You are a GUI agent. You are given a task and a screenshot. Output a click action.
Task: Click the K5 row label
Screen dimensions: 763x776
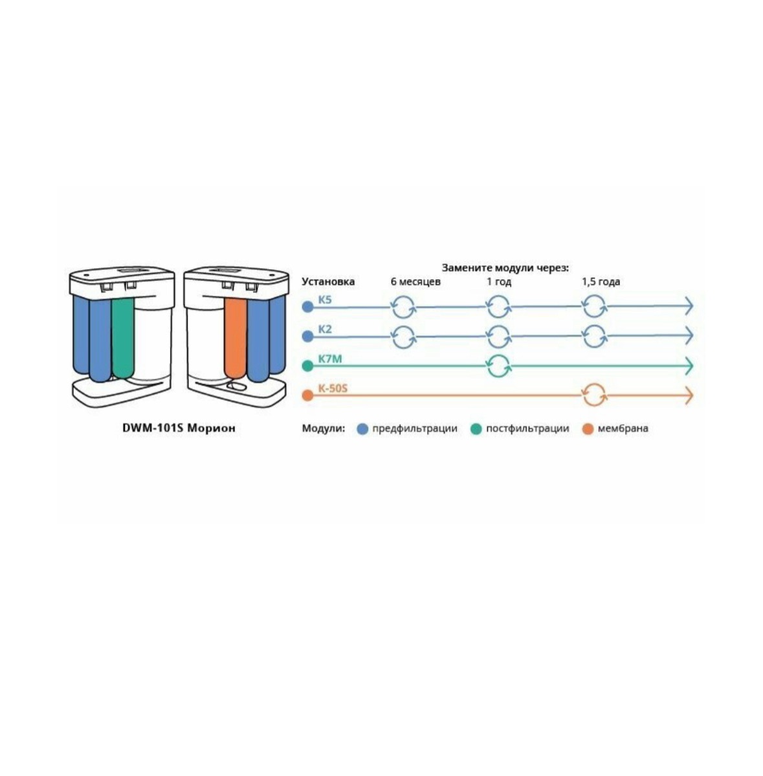[x=324, y=300]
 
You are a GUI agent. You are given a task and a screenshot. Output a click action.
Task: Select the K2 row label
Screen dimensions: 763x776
[x=324, y=329]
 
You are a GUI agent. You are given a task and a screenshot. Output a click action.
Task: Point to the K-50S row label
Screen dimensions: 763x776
[x=333, y=389]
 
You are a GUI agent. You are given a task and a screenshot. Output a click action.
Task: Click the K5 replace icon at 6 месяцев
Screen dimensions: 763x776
[x=404, y=306]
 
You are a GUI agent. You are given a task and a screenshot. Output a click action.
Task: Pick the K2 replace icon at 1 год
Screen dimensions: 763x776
[x=498, y=337]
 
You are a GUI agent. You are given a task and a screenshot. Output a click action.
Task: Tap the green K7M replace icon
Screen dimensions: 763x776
[x=498, y=366]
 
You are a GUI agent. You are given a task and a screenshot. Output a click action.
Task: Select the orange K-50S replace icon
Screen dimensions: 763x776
[x=593, y=395]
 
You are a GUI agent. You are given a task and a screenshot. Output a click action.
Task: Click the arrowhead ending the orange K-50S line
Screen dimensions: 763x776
[x=688, y=395]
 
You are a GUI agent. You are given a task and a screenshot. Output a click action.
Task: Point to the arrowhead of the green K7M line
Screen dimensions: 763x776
[x=688, y=366]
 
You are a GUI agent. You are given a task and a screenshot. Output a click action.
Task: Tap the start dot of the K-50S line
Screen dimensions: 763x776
[x=307, y=395]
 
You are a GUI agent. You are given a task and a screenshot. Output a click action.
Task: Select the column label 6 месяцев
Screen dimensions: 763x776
[x=415, y=282]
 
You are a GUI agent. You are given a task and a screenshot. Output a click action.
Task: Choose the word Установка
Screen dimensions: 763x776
[x=328, y=282]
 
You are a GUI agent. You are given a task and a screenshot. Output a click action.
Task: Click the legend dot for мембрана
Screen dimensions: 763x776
[x=588, y=428]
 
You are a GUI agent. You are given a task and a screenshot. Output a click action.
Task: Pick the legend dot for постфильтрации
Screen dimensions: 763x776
[x=476, y=428]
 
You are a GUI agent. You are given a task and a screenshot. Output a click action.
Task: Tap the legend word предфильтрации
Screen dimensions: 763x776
[x=415, y=428]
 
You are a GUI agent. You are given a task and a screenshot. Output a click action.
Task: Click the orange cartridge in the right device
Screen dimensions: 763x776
[x=234, y=337]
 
